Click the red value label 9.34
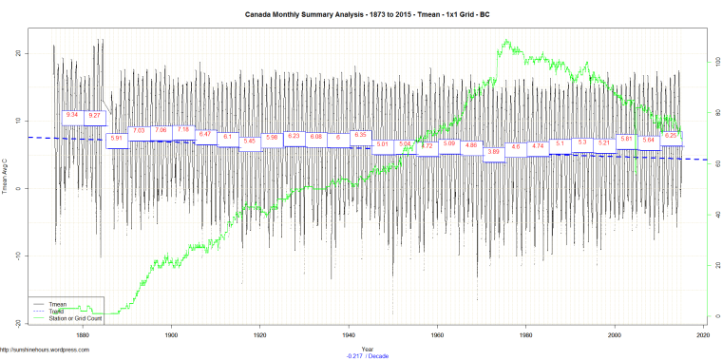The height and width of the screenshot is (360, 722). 72,116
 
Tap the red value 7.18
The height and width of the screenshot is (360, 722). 183,129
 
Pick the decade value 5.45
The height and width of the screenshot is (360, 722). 250,142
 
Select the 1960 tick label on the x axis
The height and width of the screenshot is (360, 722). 437,335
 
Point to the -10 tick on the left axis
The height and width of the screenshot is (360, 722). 19,256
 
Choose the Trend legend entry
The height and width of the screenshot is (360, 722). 57,310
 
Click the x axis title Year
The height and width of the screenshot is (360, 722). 367,348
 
